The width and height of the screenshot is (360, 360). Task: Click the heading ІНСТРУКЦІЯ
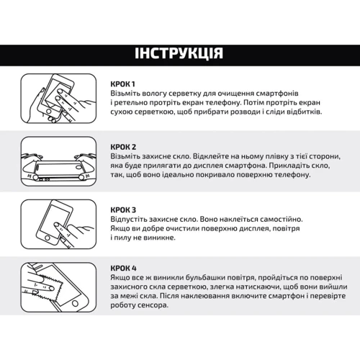179,53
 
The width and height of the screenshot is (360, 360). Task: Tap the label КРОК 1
122,84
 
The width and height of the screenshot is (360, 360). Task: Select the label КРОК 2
123,147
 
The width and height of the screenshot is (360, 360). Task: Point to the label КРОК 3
123,210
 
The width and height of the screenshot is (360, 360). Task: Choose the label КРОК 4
123,268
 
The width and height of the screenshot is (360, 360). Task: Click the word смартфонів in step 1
277,94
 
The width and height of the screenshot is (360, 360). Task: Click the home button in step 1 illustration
49,111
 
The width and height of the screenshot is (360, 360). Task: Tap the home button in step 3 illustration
48,238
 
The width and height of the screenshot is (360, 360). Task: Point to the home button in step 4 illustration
75,303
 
